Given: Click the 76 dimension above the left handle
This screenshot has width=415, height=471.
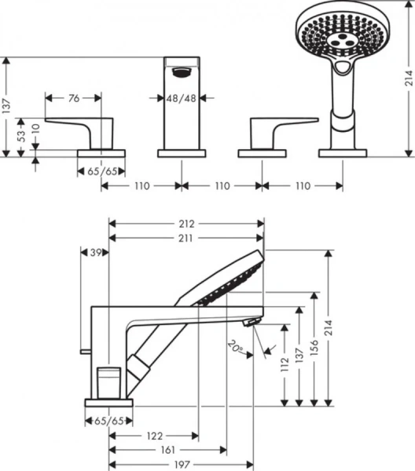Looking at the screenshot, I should pos(73,98).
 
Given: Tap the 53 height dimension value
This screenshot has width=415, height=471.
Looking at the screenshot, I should pos(23,134).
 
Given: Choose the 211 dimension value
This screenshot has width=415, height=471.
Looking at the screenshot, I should pos(186,238).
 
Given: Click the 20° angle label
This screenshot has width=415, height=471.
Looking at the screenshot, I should pos(235,345).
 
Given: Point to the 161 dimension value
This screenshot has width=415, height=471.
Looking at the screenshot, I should pos(167,451).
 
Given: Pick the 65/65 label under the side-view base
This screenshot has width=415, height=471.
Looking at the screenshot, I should pos(108,421).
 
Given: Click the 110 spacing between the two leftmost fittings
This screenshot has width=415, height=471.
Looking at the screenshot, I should pos(142,186).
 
